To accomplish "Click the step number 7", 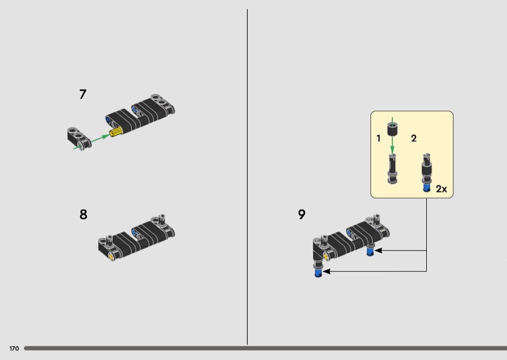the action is click(83, 95).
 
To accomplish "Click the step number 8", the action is click(83, 215).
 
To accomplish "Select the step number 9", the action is click(301, 214).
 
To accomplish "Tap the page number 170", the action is click(14, 348).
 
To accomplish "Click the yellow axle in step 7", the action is click(116, 132).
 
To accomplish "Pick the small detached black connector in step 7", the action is click(79, 138).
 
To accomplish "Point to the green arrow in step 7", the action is click(92, 141).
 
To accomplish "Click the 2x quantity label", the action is click(441, 189).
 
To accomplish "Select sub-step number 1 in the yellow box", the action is click(378, 138).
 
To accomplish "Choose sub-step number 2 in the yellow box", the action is click(414, 138).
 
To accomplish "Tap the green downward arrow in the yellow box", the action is click(392, 136).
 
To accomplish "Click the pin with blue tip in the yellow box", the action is click(427, 173).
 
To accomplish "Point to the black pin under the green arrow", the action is click(392, 169).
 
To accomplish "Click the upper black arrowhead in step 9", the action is click(378, 250).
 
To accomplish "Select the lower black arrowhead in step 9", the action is click(326, 272).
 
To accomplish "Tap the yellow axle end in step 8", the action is click(112, 257).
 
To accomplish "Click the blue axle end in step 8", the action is click(135, 231).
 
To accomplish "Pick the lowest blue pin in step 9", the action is click(318, 274).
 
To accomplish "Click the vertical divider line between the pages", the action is click(247, 177).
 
